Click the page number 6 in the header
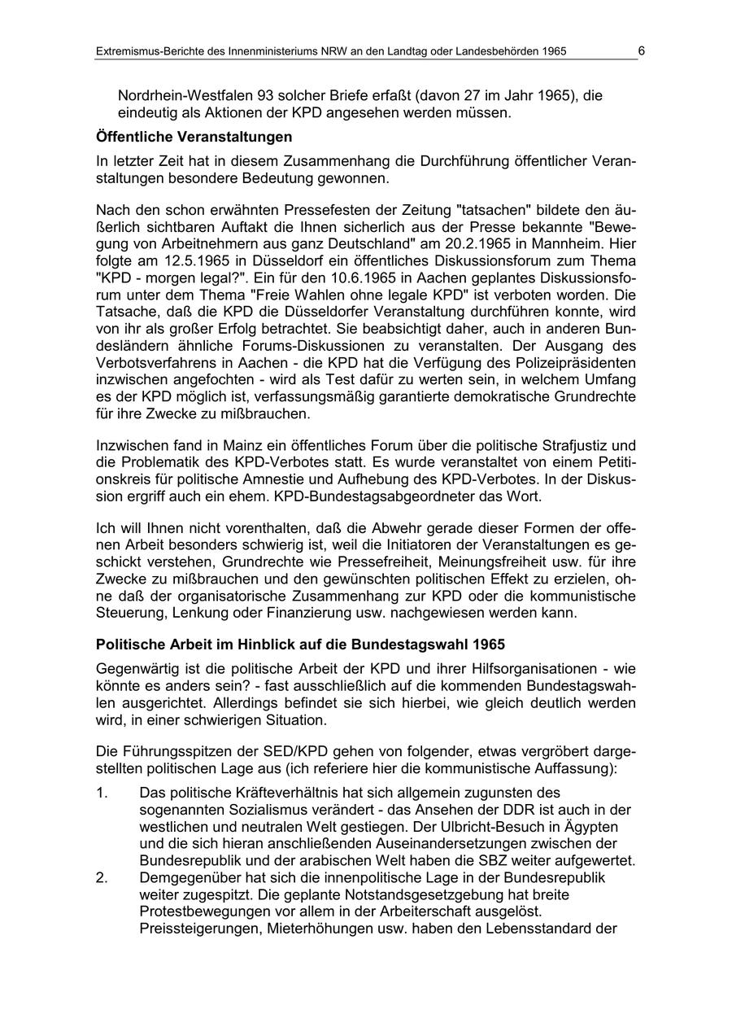pos(641,50)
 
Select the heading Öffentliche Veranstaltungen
pos(194,136)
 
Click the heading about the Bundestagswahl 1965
pos(300,645)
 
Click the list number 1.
pos(102,792)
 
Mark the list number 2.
pos(102,877)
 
